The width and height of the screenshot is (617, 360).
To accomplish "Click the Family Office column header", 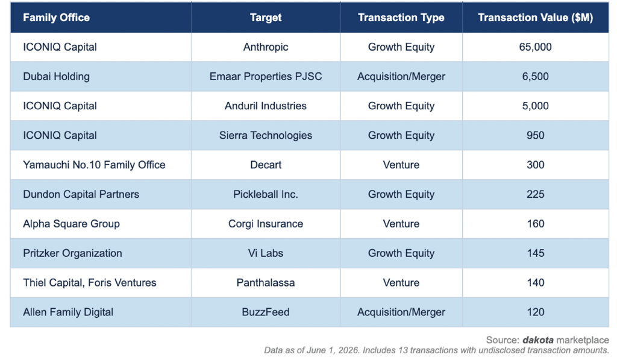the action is pyautogui.click(x=56, y=17).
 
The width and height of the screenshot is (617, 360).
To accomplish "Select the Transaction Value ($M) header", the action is pyautogui.click(x=535, y=17).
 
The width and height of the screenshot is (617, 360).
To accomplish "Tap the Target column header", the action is pyautogui.click(x=266, y=17).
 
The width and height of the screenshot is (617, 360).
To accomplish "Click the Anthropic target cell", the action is pyautogui.click(x=266, y=47).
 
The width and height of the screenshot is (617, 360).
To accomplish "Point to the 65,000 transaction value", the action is pyautogui.click(x=535, y=47).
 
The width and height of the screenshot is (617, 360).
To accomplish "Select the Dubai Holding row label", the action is pyautogui.click(x=56, y=77).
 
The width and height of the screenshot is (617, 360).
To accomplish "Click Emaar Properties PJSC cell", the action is pyautogui.click(x=266, y=77).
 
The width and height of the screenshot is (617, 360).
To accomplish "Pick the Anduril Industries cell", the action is pyautogui.click(x=266, y=106).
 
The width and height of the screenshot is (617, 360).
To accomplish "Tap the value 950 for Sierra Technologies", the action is pyautogui.click(x=535, y=136).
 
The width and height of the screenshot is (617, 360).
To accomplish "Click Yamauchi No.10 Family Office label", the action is pyautogui.click(x=94, y=165).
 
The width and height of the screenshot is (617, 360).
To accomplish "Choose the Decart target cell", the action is pyautogui.click(x=266, y=165).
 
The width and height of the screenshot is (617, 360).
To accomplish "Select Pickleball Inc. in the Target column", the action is pyautogui.click(x=266, y=194).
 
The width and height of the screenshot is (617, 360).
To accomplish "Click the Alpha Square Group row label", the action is pyautogui.click(x=71, y=224).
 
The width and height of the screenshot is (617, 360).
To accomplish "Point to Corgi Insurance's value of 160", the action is pyautogui.click(x=535, y=224).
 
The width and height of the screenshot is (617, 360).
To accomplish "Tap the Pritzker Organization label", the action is pyautogui.click(x=72, y=253).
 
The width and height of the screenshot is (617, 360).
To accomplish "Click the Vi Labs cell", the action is pyautogui.click(x=266, y=253).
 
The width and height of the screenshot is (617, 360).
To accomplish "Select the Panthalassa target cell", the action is pyautogui.click(x=266, y=283).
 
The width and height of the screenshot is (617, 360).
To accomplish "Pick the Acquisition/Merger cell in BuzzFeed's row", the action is pyautogui.click(x=401, y=312).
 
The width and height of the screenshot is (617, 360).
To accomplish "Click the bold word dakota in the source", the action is pyautogui.click(x=538, y=340).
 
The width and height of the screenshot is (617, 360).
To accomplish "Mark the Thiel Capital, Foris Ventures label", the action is pyautogui.click(x=89, y=283).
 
